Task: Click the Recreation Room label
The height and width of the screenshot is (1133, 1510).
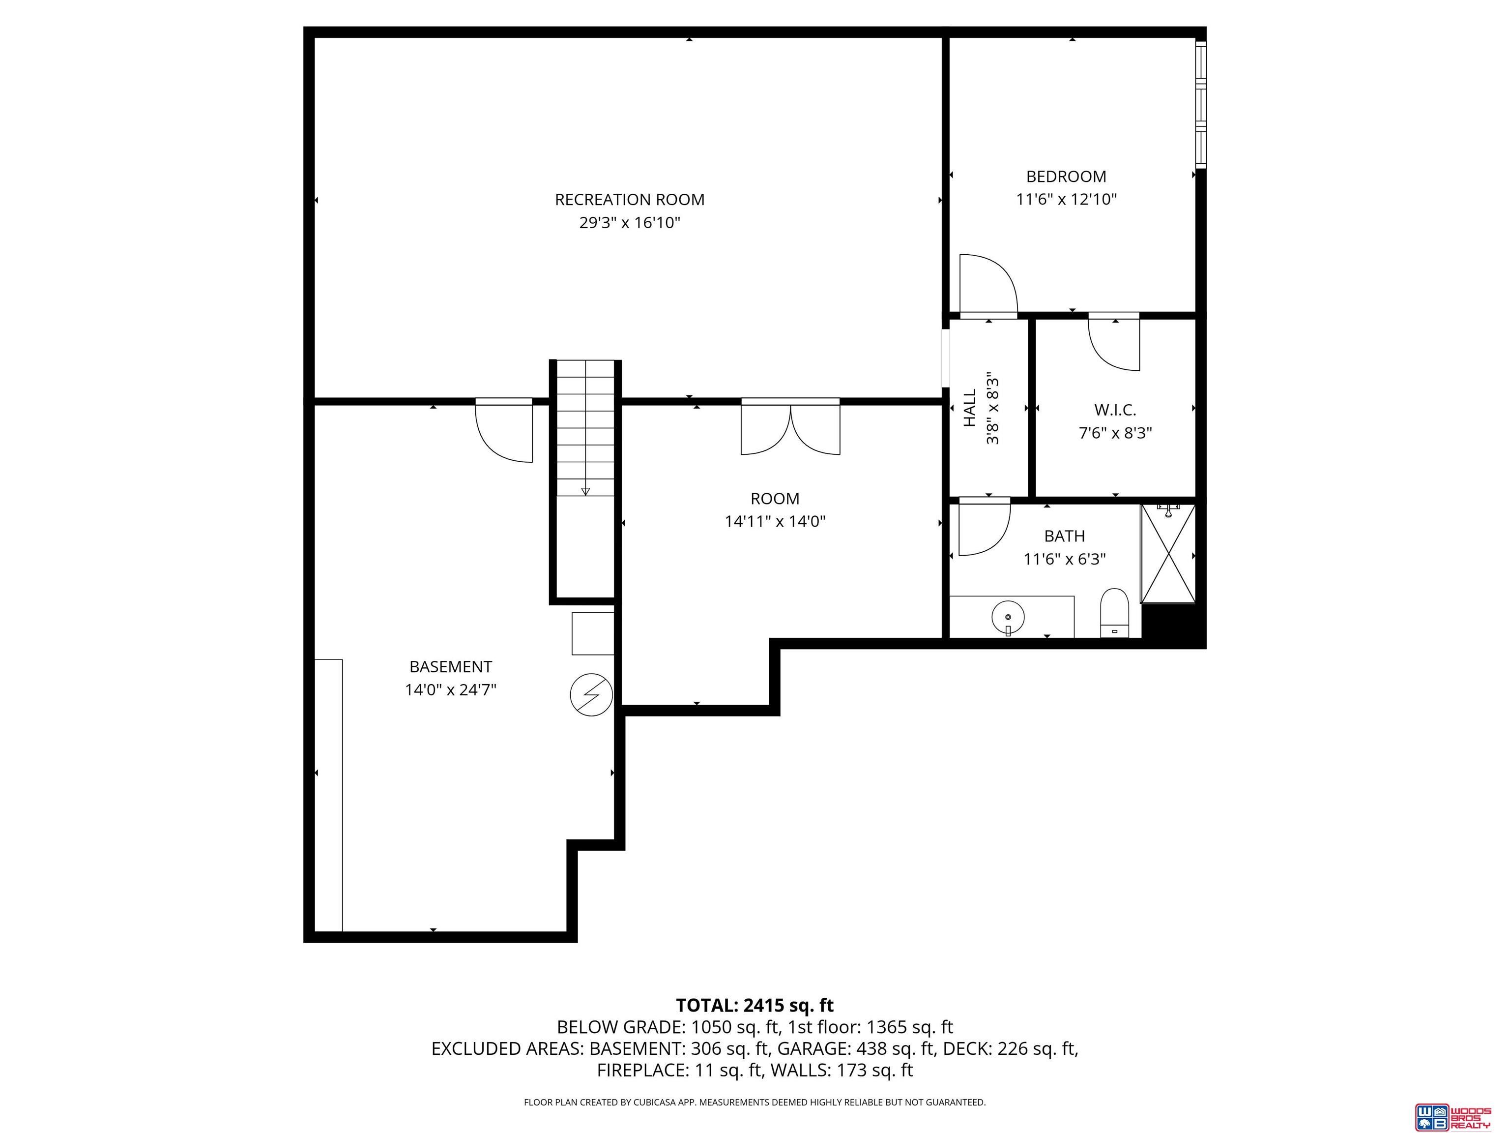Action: coord(629,200)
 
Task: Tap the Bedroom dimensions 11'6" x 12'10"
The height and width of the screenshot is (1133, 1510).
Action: coord(1066,200)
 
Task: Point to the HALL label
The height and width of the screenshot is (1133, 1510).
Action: coord(970,408)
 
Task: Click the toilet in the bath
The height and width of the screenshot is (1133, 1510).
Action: coord(1114,613)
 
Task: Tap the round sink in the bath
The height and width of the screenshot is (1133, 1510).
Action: coord(1008,617)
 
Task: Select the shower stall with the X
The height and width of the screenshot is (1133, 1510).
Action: coord(1168,554)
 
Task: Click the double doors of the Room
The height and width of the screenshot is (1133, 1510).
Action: coord(790,427)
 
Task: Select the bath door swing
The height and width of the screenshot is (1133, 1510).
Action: coord(985,526)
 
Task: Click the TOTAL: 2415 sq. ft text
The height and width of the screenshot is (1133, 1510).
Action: coord(755,1005)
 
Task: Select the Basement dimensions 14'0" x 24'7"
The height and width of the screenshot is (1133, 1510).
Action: coord(451,690)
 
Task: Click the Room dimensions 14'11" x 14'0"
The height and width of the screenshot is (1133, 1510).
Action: coord(775,522)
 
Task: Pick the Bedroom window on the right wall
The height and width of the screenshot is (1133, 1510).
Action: coord(1201,104)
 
